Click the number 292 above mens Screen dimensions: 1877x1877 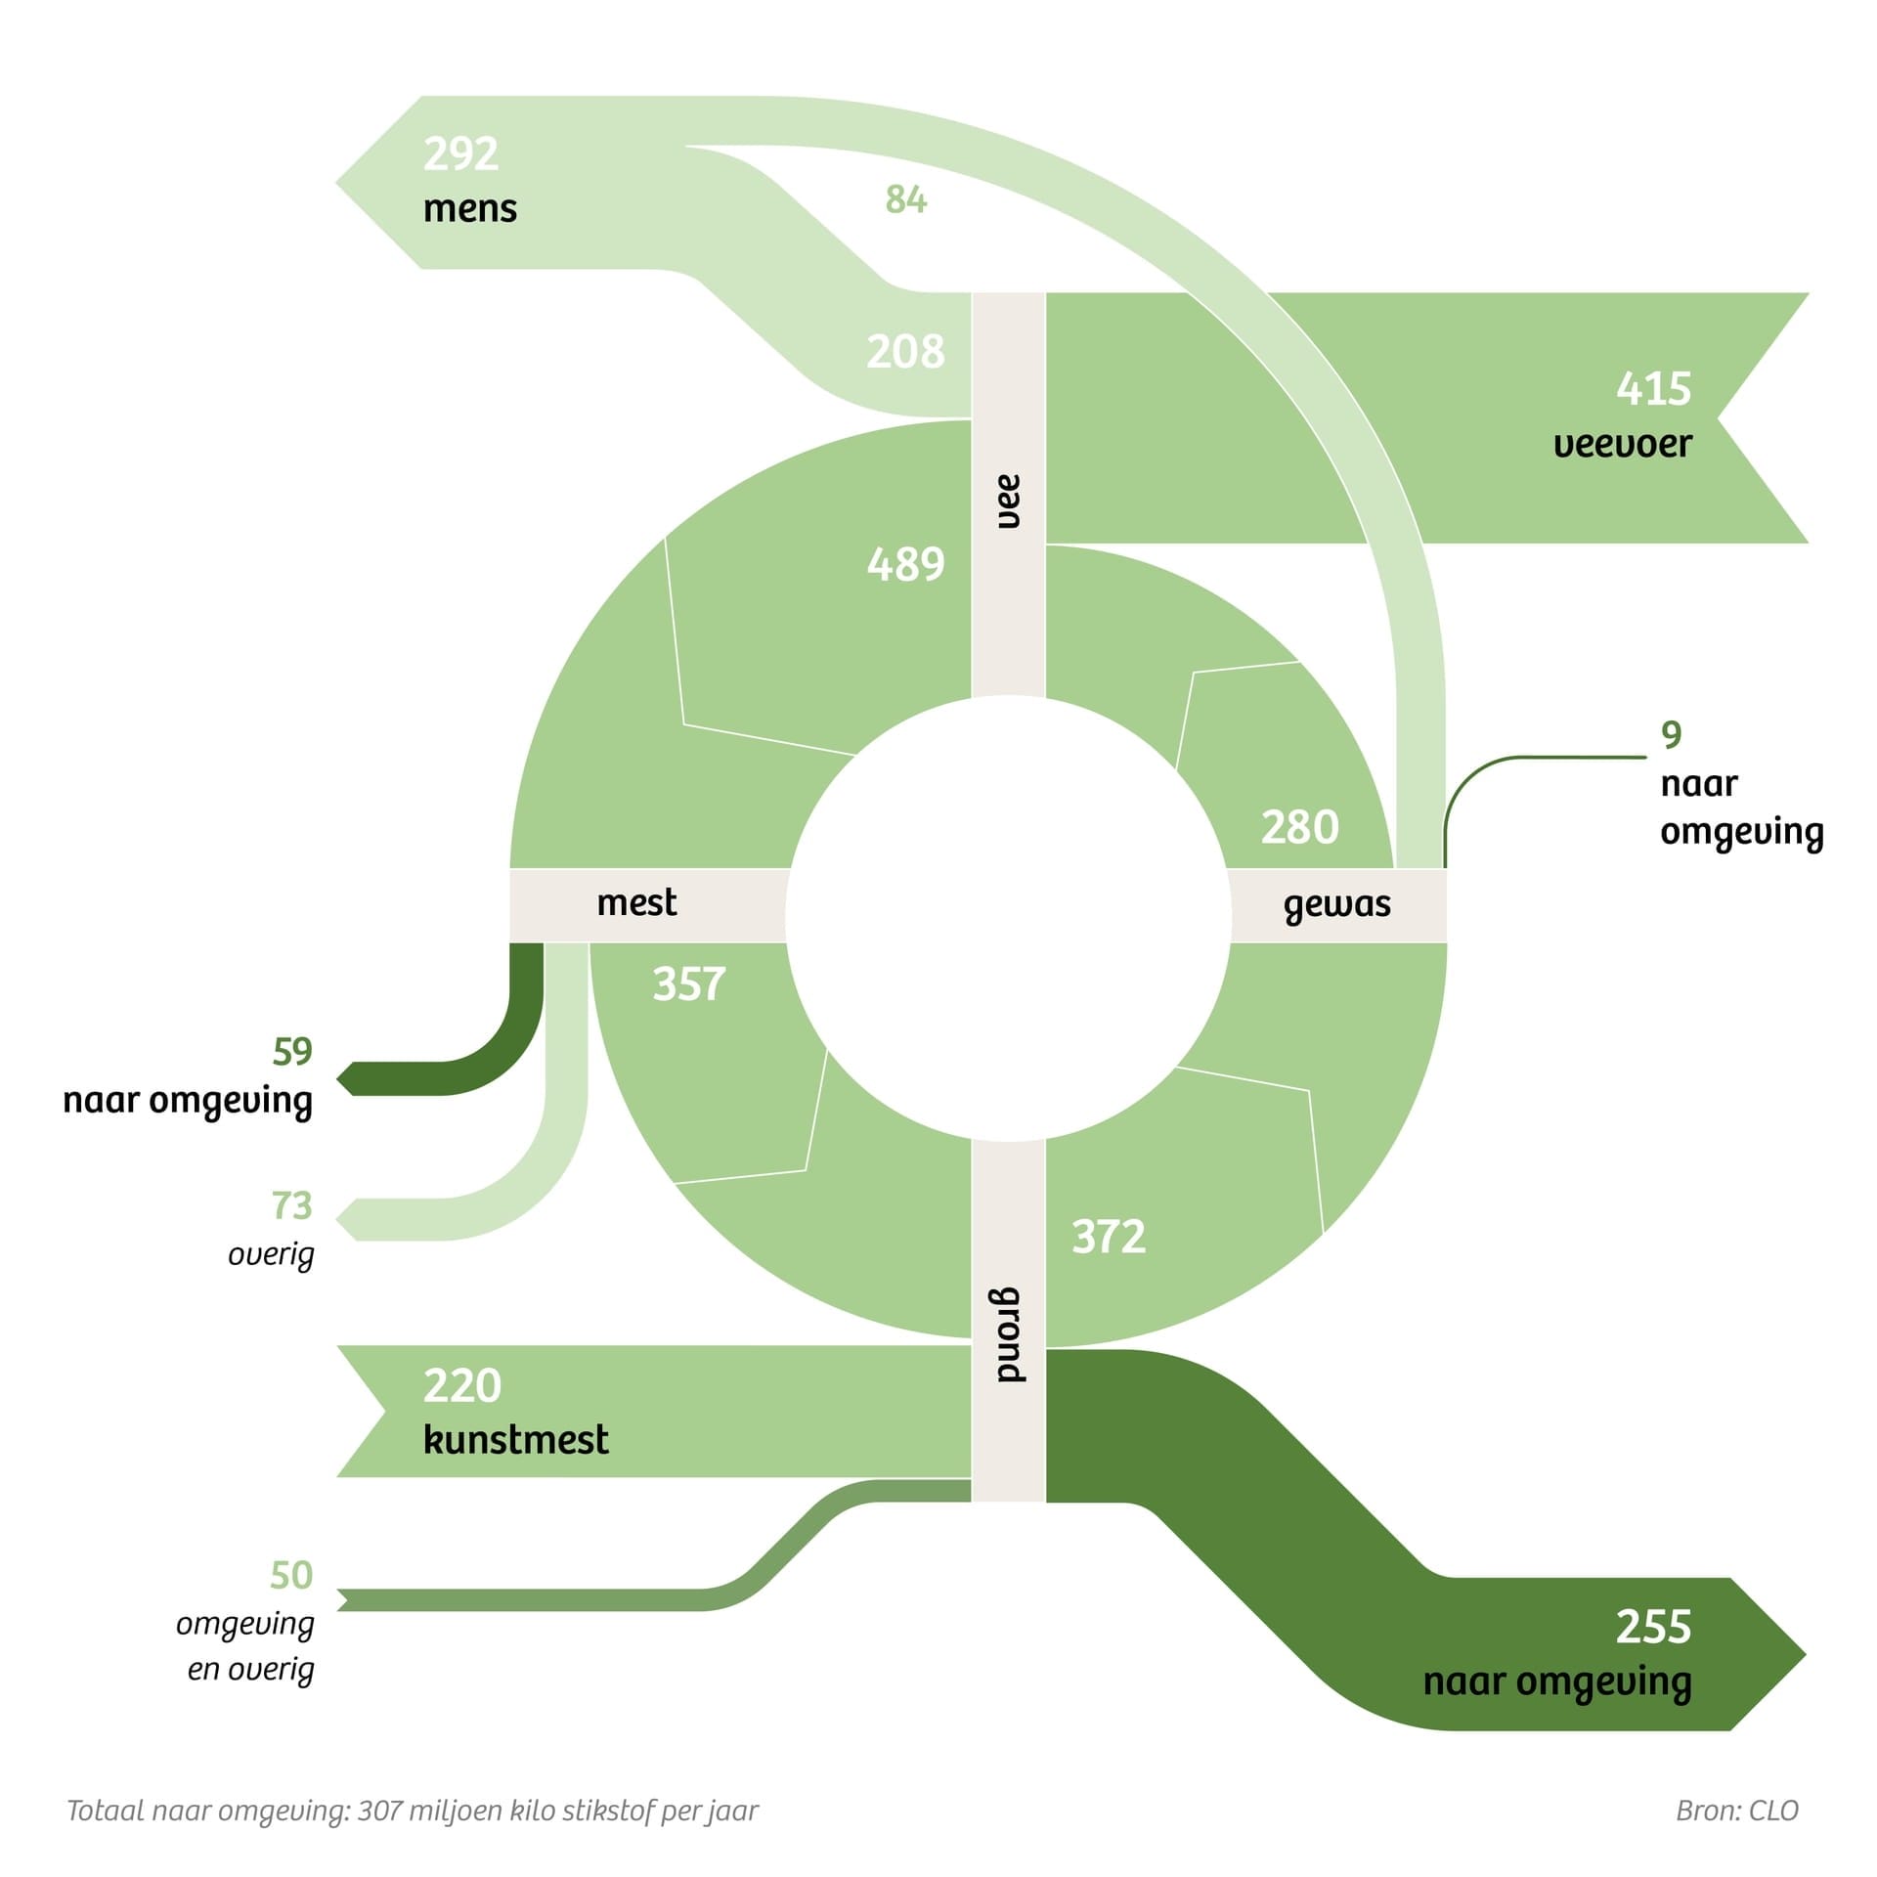click(x=460, y=154)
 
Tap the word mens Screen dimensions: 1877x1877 click(x=469, y=209)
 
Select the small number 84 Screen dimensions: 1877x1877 click(x=905, y=199)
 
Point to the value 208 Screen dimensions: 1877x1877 click(x=905, y=352)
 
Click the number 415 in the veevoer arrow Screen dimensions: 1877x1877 click(x=1652, y=389)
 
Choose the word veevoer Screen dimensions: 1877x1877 click(x=1622, y=445)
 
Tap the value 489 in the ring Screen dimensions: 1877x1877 click(x=905, y=565)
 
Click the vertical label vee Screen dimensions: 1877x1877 click(x=1008, y=502)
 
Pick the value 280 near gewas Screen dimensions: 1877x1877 click(x=1299, y=828)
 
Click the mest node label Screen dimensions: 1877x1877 click(x=636, y=902)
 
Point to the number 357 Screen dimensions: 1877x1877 click(x=689, y=984)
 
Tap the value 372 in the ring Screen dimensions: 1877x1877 click(x=1109, y=1237)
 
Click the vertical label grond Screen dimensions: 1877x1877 click(x=1009, y=1335)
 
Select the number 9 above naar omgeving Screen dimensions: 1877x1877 click(x=1671, y=735)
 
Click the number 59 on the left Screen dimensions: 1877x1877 click(x=292, y=1052)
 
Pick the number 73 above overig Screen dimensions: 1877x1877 click(x=292, y=1206)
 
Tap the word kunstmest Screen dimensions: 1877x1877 click(x=515, y=1440)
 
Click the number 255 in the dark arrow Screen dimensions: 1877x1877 click(x=1652, y=1628)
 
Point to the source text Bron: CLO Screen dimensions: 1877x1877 click(x=1736, y=1812)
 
